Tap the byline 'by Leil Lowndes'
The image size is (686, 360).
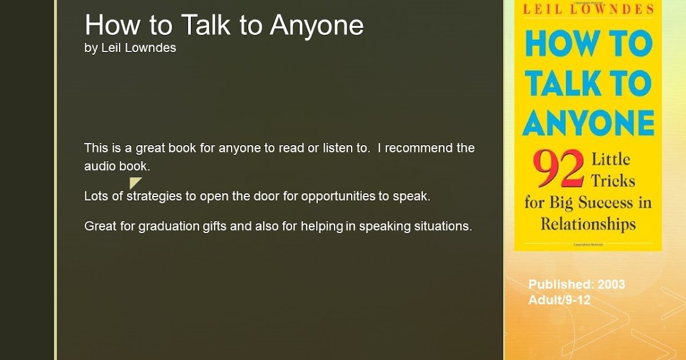point(130,48)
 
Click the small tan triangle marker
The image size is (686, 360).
point(135,183)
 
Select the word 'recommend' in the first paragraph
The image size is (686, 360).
point(419,148)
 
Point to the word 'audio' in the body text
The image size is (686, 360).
point(100,166)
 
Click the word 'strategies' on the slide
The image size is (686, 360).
point(154,197)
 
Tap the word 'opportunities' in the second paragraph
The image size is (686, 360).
point(338,197)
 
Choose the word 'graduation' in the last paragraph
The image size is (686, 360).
point(169,226)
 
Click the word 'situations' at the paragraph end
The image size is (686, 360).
point(443,226)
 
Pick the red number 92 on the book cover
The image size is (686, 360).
point(559,169)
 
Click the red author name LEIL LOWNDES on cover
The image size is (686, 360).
point(588,10)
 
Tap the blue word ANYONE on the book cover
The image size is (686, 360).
point(588,123)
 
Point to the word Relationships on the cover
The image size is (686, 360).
point(588,224)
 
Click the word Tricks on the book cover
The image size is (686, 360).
point(613,181)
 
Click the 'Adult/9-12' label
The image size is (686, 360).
point(560,300)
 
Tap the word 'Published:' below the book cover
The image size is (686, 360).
point(561,285)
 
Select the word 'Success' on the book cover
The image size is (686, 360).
point(605,203)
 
